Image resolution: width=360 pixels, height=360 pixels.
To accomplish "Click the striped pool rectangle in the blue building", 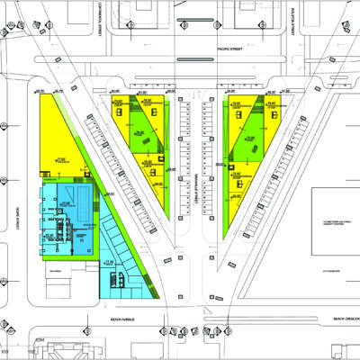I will (80, 202).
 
